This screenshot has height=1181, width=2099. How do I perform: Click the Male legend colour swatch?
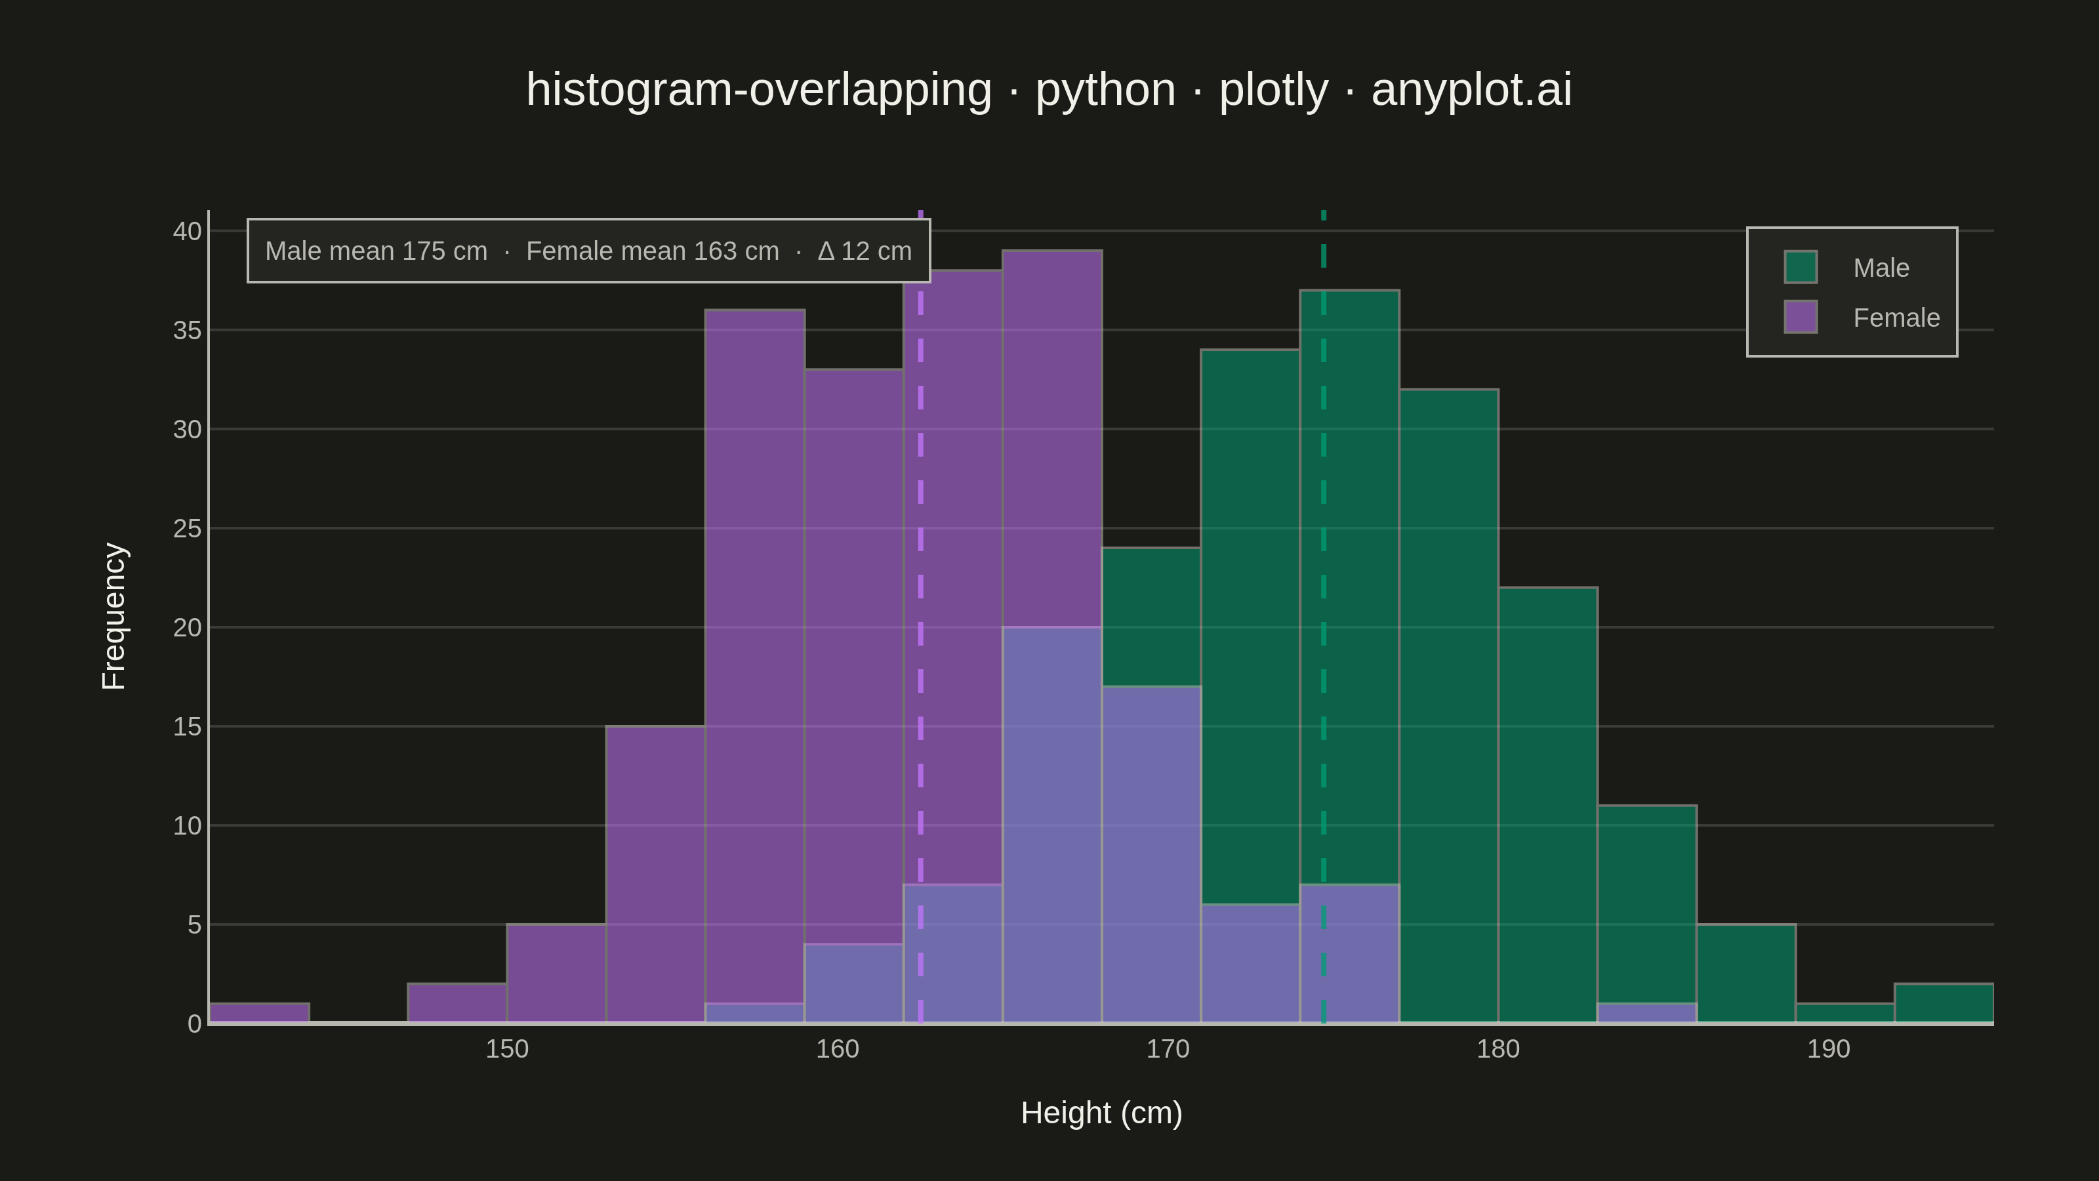click(x=1800, y=267)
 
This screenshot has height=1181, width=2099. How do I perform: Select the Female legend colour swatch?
click(x=1800, y=317)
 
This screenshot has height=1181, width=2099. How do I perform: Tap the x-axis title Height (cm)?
click(x=1101, y=1113)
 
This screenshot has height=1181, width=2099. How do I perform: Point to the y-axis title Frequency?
click(x=113, y=616)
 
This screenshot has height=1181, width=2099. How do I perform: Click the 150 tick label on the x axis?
click(x=507, y=1049)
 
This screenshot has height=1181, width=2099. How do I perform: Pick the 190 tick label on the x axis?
click(x=1829, y=1049)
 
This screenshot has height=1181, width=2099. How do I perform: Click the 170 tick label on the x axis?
click(x=1168, y=1049)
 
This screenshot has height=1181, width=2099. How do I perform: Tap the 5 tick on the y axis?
click(x=194, y=925)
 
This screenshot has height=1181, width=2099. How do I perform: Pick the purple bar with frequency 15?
click(x=655, y=875)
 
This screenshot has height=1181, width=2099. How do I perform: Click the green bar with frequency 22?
click(x=1547, y=805)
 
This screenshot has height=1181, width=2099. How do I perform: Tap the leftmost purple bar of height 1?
click(x=259, y=1013)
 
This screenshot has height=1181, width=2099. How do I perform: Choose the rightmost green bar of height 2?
click(x=1944, y=1003)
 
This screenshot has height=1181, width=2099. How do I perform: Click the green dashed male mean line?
click(x=1323, y=617)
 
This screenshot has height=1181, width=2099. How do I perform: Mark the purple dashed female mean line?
click(x=921, y=617)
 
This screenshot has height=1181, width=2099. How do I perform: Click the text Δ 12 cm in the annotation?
click(x=865, y=251)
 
